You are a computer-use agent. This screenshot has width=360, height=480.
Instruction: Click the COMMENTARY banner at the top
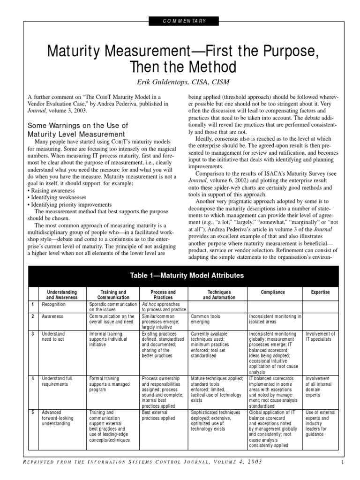coord(180,21)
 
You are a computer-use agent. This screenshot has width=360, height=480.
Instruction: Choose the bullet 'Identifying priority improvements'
coord(70,205)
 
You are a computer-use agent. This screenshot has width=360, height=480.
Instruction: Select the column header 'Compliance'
coord(273,292)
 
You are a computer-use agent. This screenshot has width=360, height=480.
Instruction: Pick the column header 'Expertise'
coord(321,292)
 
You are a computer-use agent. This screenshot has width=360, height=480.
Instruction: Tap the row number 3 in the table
coord(33,334)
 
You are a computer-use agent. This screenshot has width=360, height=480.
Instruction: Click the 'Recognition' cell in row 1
coord(54,304)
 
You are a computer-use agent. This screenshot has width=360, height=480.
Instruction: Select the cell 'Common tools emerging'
coord(206,319)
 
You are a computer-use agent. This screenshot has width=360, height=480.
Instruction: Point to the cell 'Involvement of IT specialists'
coord(320,337)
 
